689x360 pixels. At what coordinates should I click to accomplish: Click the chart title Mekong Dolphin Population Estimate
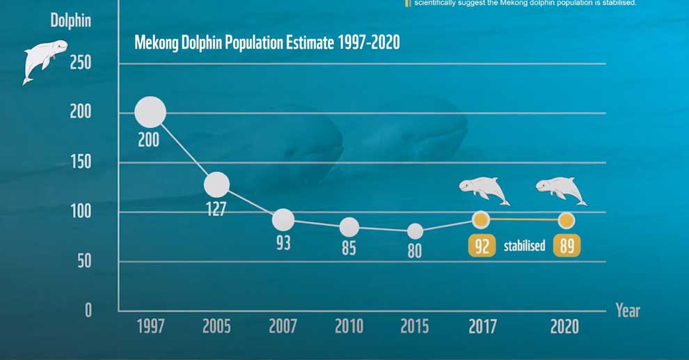click(267, 42)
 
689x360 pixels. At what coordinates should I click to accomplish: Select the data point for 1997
click(150, 112)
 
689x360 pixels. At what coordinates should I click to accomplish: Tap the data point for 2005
click(216, 185)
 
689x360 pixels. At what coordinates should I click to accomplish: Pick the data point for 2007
click(283, 219)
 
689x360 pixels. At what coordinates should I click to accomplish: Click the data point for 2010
click(349, 227)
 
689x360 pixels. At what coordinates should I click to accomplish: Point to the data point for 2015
click(415, 231)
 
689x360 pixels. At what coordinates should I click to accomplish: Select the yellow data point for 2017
click(481, 220)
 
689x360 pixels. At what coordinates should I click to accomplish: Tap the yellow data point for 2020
click(567, 220)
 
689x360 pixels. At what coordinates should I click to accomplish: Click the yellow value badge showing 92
click(481, 246)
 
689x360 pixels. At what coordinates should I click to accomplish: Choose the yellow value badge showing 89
click(567, 246)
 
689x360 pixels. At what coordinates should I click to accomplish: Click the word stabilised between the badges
click(524, 246)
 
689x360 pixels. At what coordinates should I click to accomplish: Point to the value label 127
click(216, 209)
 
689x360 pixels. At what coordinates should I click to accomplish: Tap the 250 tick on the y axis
click(81, 63)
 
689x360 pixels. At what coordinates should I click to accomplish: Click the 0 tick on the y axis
click(88, 310)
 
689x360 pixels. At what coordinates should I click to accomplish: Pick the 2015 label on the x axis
click(415, 326)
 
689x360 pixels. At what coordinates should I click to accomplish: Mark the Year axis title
click(628, 311)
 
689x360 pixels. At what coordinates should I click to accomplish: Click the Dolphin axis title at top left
click(70, 19)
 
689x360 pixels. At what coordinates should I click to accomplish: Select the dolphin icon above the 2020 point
click(561, 189)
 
